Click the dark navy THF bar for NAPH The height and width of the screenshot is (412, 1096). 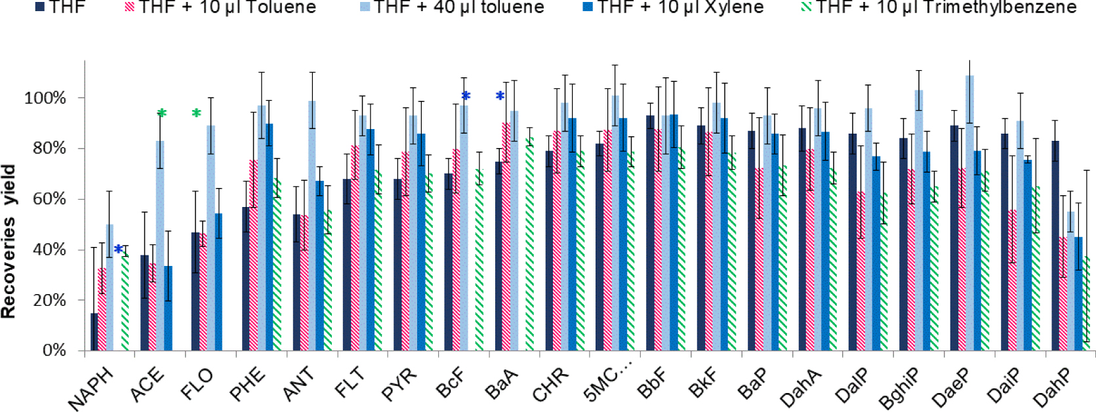pyautogui.click(x=94, y=331)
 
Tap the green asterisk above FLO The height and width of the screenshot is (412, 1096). pyautogui.click(x=196, y=114)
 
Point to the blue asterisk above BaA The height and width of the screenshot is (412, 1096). pyautogui.click(x=500, y=97)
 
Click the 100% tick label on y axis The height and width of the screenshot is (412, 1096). pyautogui.click(x=45, y=98)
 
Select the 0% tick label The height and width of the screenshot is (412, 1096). pyautogui.click(x=54, y=350)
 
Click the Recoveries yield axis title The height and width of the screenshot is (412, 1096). pyautogui.click(x=9, y=242)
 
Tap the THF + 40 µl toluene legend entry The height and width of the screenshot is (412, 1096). pyautogui.click(x=452, y=8)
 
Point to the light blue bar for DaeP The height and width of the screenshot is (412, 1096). pyautogui.click(x=969, y=213)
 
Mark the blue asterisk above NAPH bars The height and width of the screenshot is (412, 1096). pyautogui.click(x=118, y=250)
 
